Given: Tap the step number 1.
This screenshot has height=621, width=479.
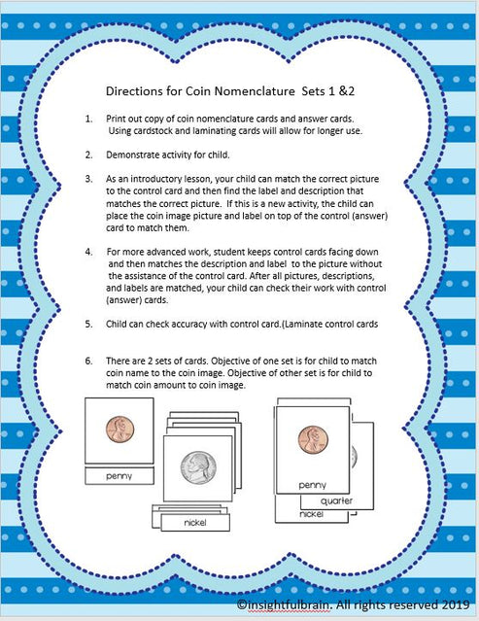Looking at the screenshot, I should [88, 119].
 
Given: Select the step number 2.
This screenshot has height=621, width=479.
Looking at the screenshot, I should [88, 155].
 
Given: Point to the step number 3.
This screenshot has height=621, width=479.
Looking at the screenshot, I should [88, 180].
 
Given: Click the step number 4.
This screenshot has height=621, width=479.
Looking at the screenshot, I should [88, 251].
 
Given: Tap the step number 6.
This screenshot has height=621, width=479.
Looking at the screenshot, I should [88, 361].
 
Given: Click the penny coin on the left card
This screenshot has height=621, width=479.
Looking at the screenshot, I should [120, 429].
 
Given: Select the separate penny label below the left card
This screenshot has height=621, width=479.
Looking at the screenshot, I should [119, 476].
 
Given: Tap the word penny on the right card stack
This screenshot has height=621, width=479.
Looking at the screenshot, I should [312, 484].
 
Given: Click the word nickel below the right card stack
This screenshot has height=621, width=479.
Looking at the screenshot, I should [311, 513].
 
